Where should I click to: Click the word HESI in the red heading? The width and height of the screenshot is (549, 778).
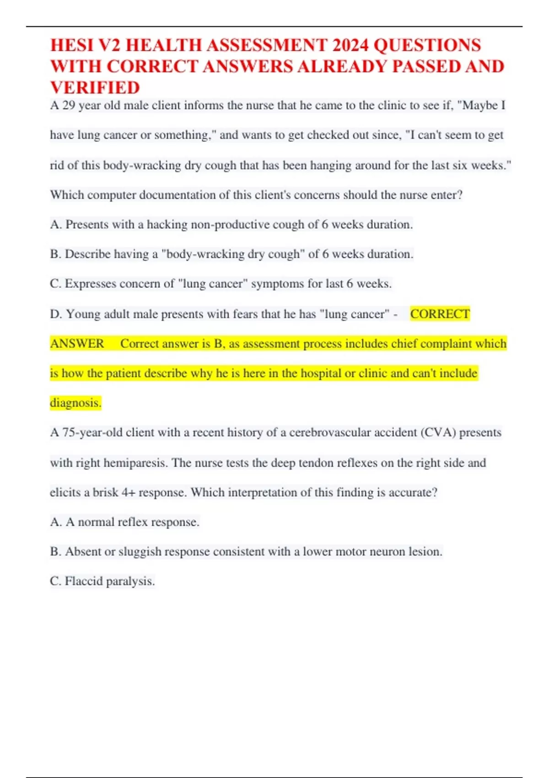(x=72, y=45)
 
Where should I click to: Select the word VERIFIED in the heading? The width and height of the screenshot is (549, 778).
(x=95, y=87)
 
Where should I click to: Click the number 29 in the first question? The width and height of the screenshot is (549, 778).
(x=69, y=106)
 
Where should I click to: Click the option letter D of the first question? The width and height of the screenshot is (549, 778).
(x=55, y=314)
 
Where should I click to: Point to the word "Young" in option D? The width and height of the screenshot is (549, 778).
(x=84, y=314)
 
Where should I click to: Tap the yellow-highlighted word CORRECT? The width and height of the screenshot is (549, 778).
(x=440, y=314)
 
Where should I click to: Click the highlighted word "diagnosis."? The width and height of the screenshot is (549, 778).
(x=75, y=403)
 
